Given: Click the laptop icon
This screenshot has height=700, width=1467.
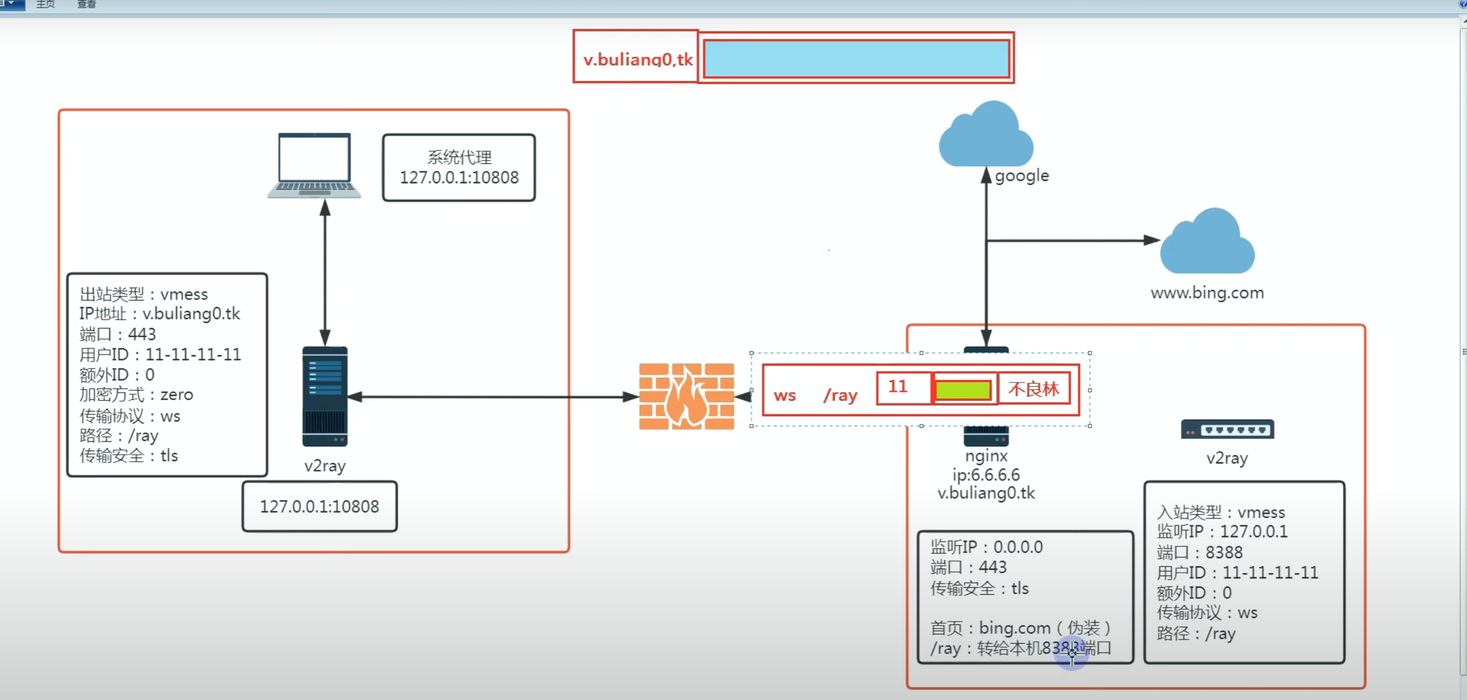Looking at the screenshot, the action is pyautogui.click(x=314, y=166).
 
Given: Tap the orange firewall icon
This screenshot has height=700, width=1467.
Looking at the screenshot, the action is pyautogui.click(x=687, y=397).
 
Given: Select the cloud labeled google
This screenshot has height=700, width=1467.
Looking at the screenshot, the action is pyautogui.click(x=986, y=134).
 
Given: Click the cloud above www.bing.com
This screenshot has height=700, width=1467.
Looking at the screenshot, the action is pyautogui.click(x=1207, y=241).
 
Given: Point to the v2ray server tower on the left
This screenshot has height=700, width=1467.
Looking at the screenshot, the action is pyautogui.click(x=325, y=397).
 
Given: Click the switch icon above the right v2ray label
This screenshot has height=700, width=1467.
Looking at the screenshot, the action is pyautogui.click(x=1227, y=429).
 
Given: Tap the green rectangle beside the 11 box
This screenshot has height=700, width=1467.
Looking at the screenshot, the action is pyautogui.click(x=963, y=390).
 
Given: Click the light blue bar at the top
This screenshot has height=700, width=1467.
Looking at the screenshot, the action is pyautogui.click(x=856, y=58).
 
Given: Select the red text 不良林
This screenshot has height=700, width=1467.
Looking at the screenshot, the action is pyautogui.click(x=1033, y=389).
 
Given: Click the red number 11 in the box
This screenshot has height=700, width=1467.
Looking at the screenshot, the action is pyautogui.click(x=898, y=387).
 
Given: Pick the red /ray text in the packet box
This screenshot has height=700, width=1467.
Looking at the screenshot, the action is pyautogui.click(x=840, y=395).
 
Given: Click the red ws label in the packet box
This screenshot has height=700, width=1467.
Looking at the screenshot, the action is pyautogui.click(x=784, y=396).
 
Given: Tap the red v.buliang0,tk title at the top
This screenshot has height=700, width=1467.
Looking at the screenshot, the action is pyautogui.click(x=638, y=59).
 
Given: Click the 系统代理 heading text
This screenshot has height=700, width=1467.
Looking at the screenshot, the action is pyautogui.click(x=459, y=157).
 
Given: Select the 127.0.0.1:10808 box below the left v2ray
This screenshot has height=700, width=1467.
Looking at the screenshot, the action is pyautogui.click(x=320, y=506).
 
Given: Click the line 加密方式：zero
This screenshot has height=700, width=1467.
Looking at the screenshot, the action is pyautogui.click(x=136, y=395).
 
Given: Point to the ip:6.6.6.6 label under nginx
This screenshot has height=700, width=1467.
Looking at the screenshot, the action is pyautogui.click(x=986, y=474).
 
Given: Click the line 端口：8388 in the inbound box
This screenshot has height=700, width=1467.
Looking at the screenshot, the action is pyautogui.click(x=1200, y=552).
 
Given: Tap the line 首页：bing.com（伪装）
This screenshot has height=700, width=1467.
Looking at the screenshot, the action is pyautogui.click(x=1021, y=628).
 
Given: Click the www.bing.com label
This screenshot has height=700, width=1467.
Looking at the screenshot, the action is pyautogui.click(x=1207, y=292).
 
